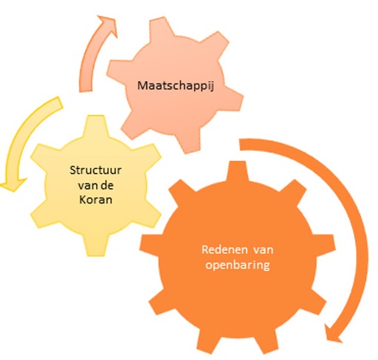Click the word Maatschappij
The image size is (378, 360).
coord(175,86)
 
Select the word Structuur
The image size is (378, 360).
coord(95,171)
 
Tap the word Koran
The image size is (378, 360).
coord(95,199)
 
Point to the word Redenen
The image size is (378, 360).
coord(224,250)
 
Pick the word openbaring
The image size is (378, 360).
coord(238,265)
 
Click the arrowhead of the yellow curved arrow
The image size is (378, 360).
coord(13,184)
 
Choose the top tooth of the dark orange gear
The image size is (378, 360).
coord(238,172)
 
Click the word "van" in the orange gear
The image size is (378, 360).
coord(263,250)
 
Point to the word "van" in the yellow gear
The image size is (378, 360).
coord(88,186)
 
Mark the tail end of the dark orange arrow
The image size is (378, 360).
coord(240,145)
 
